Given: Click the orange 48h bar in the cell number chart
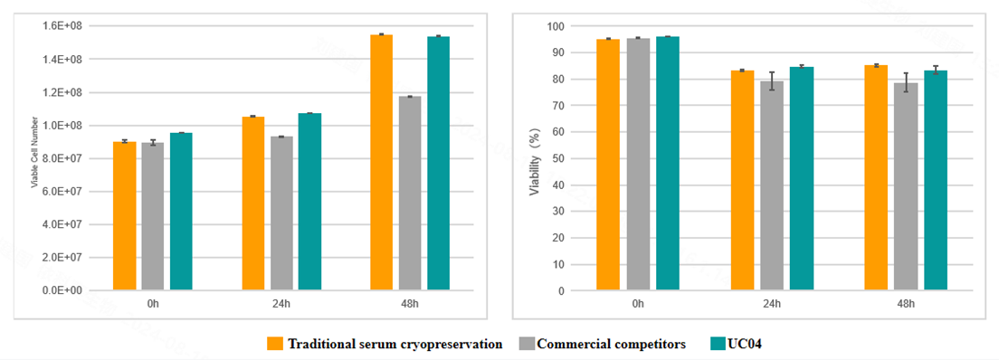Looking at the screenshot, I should (381, 163).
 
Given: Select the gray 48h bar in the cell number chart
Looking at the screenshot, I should (410, 194).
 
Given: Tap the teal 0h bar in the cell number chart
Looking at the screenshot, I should (182, 212).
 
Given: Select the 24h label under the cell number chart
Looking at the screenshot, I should (281, 304).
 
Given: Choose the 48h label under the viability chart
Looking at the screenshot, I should (906, 304).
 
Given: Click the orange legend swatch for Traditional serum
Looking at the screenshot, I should (275, 344).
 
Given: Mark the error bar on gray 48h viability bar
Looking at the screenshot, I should (906, 83).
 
